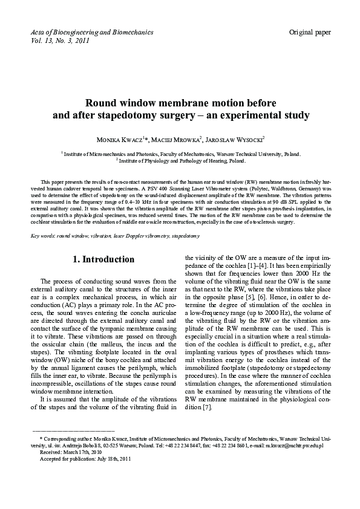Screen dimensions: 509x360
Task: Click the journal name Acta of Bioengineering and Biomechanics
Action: coord(91,31)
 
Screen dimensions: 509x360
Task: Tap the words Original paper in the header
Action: coord(310,31)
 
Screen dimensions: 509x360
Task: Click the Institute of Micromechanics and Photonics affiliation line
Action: coord(181,155)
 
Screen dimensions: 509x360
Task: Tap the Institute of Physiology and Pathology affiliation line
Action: coord(181,161)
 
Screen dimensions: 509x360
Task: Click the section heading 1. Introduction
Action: coord(103,259)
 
